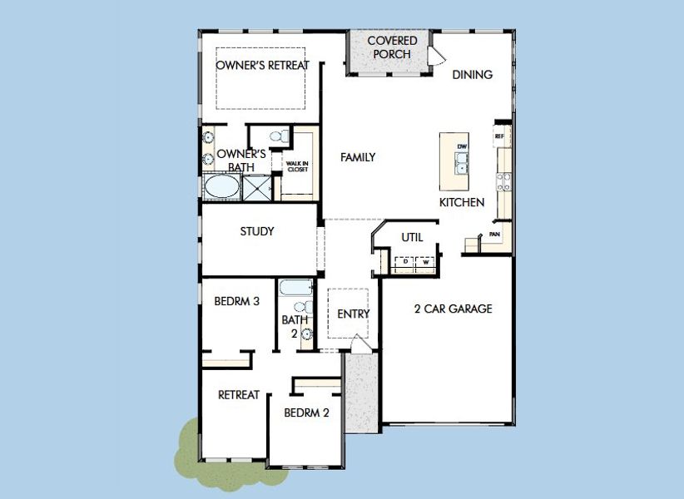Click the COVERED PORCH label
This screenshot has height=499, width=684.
[388, 47]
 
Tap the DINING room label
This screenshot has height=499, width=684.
[472, 74]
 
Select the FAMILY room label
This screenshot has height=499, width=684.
[358, 157]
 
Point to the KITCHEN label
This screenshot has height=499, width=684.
[462, 202]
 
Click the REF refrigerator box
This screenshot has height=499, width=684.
[499, 136]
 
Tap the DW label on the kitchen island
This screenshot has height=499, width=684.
[462, 147]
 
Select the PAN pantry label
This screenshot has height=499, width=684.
[494, 235]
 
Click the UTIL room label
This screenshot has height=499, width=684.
[412, 237]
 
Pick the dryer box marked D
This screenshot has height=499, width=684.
[404, 262]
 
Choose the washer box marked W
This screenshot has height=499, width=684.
[425, 262]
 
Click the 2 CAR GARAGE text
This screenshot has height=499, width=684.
[453, 309]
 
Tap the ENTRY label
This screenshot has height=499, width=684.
[353, 314]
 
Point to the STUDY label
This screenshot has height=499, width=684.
[256, 231]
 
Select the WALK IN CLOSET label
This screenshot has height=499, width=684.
[297, 166]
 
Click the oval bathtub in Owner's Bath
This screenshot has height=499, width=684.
[221, 187]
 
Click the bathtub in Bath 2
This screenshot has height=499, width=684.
[295, 289]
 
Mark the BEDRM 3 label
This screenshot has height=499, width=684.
[236, 301]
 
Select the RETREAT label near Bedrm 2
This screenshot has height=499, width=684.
[239, 394]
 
